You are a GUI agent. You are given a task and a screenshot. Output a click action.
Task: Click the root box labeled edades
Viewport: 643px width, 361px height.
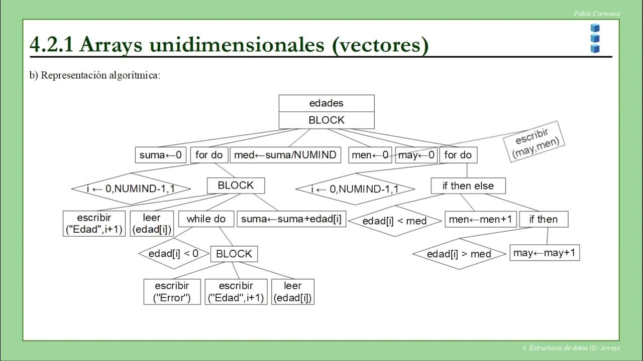(327, 103)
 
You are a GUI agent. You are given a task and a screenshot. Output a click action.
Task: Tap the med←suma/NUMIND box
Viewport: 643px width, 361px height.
(285, 155)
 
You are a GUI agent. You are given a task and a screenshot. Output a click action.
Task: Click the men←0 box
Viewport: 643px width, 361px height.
(370, 155)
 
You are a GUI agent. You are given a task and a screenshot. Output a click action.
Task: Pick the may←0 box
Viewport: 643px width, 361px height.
(416, 155)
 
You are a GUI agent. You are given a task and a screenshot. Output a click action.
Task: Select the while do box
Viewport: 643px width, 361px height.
(206, 219)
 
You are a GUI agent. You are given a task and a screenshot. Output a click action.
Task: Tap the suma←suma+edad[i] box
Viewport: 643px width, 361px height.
(291, 219)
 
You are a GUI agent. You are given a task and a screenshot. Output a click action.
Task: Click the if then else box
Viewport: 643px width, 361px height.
(468, 186)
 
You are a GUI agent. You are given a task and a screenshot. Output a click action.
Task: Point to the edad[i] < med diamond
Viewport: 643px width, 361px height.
(395, 221)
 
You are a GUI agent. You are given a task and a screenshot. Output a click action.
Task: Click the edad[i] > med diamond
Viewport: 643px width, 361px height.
(459, 254)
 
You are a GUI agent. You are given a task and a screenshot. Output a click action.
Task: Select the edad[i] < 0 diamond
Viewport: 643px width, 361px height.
(173, 253)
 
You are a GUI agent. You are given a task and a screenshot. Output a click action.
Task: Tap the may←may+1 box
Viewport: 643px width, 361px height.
(545, 253)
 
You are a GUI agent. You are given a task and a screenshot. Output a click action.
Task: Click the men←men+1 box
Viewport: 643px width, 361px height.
(481, 219)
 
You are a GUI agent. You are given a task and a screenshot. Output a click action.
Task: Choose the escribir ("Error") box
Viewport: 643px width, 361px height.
(172, 292)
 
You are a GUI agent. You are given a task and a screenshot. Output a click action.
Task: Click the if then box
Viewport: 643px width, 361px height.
(544, 219)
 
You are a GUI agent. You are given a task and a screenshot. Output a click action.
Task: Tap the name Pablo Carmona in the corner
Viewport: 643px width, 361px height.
(596, 14)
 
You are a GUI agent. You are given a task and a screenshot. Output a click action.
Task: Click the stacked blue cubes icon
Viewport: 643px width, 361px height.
(595, 38)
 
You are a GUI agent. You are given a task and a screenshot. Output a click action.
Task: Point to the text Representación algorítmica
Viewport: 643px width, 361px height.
(100, 75)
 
